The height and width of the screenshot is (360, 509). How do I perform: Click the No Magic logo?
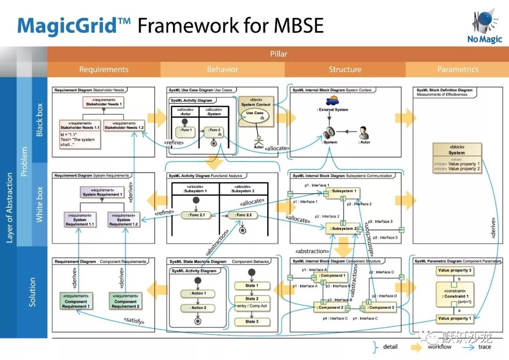coord(484,27)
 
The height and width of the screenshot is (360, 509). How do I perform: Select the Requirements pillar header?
coord(104,69)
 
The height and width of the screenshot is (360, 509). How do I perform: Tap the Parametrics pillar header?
coord(458,69)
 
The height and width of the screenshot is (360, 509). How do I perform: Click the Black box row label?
coord(40,120)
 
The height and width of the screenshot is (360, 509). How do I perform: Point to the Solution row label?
coord(32,292)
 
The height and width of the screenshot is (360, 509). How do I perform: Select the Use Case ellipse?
coord(255,115)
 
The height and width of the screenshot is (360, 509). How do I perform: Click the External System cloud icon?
coord(334,100)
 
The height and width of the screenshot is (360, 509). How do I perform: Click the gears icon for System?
coord(329,133)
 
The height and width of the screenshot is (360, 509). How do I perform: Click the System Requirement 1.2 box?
coord(123,220)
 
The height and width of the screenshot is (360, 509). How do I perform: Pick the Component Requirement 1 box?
coord(76,301)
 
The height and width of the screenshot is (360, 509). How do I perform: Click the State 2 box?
coord(252,299)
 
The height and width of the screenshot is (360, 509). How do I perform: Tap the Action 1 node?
coord(197,294)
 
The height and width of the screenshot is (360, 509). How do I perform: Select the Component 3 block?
coord(379,307)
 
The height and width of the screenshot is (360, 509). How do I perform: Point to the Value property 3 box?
coord(454,270)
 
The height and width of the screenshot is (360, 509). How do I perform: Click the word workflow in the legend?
coord(439,347)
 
